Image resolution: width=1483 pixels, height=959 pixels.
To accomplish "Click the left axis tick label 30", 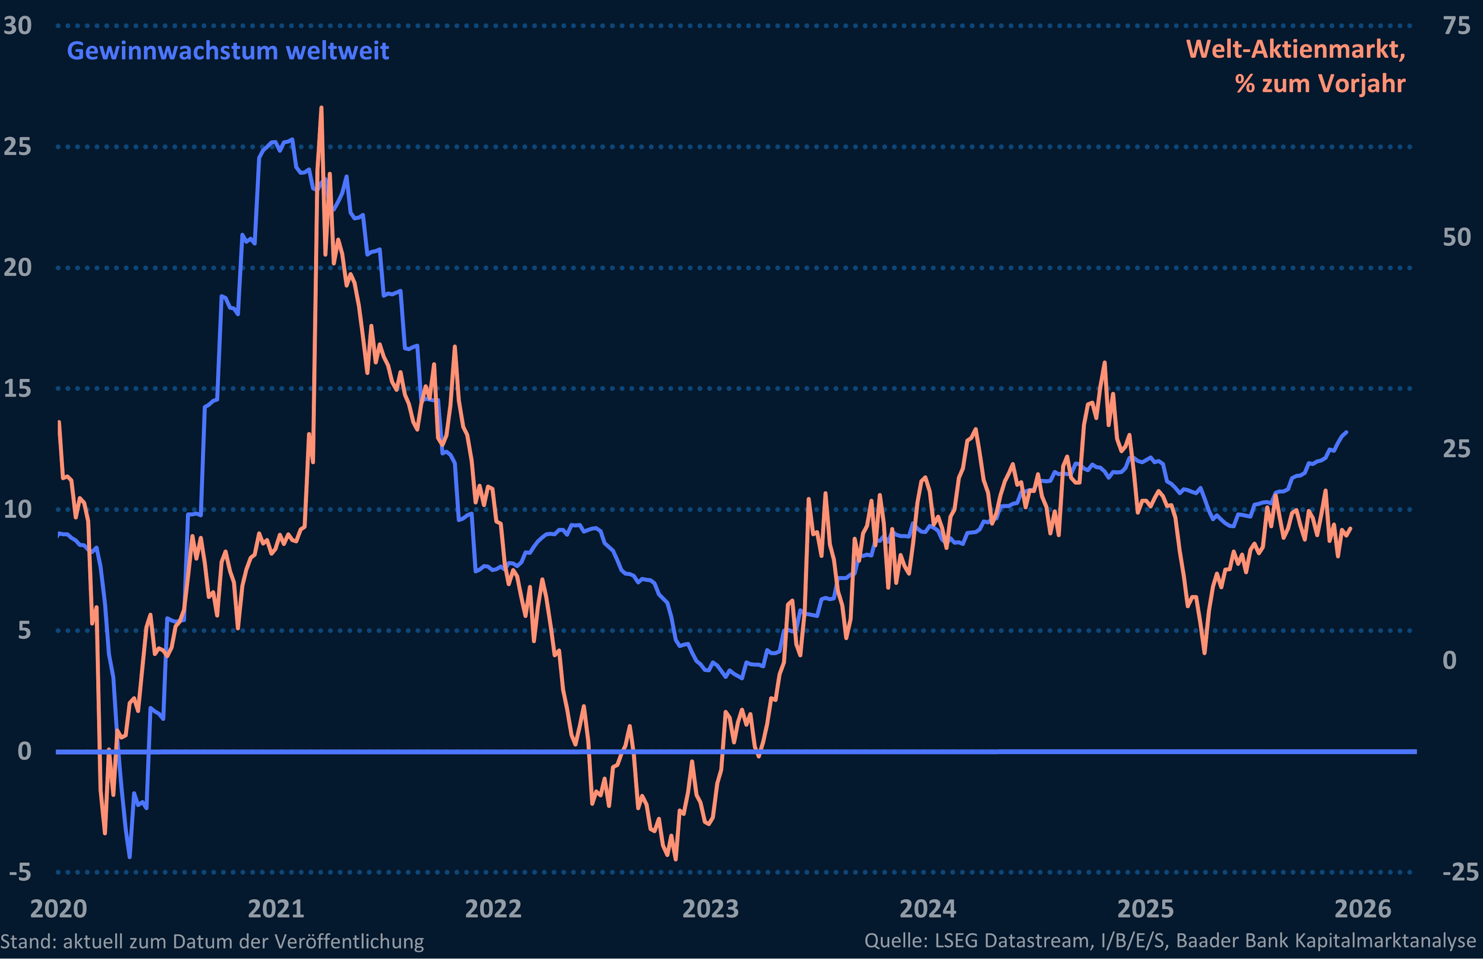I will tap(17, 26).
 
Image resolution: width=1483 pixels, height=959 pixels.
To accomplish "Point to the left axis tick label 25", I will tap(17, 147).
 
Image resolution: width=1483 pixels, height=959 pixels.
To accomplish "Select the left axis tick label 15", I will tap(17, 389).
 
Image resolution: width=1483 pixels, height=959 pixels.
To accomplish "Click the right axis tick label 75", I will tap(1456, 26).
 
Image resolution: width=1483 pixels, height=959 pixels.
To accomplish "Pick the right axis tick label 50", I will tap(1456, 237).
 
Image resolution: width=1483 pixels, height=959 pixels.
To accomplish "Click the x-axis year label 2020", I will tap(59, 909).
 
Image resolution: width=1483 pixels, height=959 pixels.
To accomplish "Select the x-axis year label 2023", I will tap(710, 909).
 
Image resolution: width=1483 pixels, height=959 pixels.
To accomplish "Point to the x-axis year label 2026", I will tap(1362, 909).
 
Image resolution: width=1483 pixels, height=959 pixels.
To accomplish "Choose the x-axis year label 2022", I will tap(493, 909).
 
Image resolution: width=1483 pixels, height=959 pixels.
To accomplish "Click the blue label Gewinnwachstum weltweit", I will tap(228, 51).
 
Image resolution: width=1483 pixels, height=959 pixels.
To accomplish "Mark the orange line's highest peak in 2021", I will tap(321, 108).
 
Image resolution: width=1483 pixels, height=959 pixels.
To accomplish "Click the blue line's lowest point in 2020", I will tap(129, 857).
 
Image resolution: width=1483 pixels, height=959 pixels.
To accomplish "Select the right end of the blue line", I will tap(1347, 432).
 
